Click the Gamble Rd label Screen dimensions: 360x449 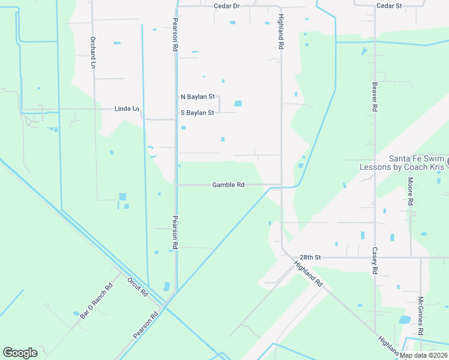click(x=228, y=185)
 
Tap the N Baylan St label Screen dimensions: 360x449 click(x=197, y=97)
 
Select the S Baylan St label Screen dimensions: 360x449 click(x=197, y=113)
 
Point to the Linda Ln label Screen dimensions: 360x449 click(x=127, y=109)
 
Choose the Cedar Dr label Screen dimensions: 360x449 click(x=226, y=5)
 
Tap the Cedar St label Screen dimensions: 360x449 click(x=388, y=5)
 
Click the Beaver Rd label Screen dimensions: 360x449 click(x=375, y=98)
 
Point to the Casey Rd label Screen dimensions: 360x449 click(x=375, y=261)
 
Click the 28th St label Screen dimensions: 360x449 click(x=311, y=257)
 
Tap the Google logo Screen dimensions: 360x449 click(x=20, y=353)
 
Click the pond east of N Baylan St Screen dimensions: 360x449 click(x=238, y=103)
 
